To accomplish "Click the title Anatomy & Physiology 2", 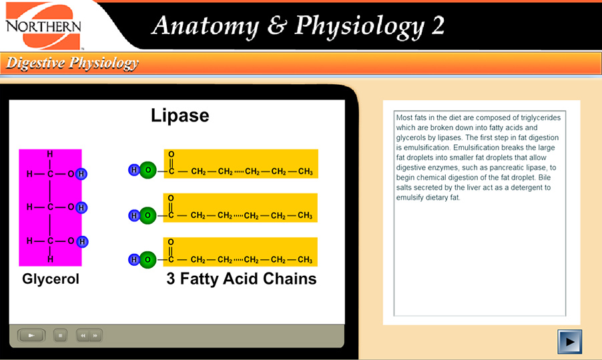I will click(298, 26).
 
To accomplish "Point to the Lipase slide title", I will click(180, 116).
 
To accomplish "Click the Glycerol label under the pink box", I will click(51, 279).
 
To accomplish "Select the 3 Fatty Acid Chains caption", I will click(241, 279).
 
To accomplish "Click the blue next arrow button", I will click(569, 341).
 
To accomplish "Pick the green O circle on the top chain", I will click(147, 171).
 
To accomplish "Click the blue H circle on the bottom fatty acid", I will click(134, 259).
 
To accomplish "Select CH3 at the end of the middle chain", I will click(305, 215).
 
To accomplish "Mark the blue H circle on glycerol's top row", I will click(81, 174).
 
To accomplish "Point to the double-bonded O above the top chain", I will click(171, 154).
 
